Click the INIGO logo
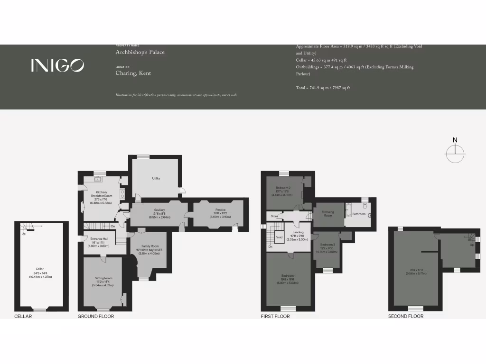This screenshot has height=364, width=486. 57,65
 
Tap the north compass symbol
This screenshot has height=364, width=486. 455,151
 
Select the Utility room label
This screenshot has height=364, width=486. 156,179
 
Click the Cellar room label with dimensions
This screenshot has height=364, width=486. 39,273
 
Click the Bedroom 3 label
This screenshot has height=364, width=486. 327,248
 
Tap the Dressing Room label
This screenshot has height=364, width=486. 328,214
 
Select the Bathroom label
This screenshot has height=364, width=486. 359,214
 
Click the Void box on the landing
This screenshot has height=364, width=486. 279,237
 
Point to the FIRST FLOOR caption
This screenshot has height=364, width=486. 275,316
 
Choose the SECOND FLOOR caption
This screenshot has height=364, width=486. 406,316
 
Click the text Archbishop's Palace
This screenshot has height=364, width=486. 140,52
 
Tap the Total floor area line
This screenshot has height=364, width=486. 323,88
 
